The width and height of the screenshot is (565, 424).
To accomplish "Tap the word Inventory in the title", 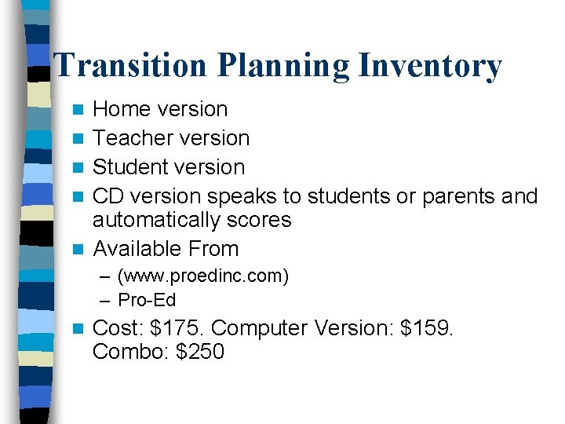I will (429, 66).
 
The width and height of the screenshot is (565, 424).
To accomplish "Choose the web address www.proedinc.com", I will (203, 276).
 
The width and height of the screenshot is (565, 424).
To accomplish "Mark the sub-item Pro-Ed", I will (147, 300).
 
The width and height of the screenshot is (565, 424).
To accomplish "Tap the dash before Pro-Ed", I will (106, 300).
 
